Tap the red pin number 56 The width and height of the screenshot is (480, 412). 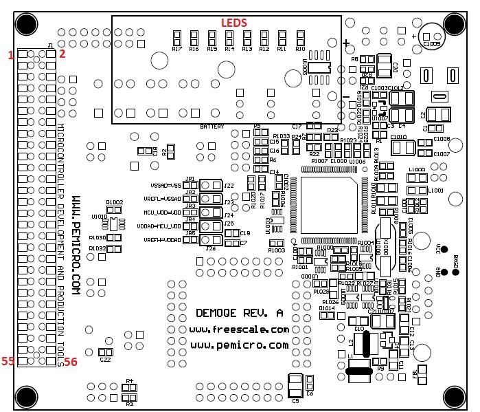(x=71, y=362)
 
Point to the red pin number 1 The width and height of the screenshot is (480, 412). (x=10, y=54)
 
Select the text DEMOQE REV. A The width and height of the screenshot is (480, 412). (x=239, y=313)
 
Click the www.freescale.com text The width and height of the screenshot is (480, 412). (x=239, y=329)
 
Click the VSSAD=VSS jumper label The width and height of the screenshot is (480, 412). (x=165, y=186)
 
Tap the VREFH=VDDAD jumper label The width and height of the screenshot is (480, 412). (x=163, y=240)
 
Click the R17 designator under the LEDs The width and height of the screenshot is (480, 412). (x=176, y=50)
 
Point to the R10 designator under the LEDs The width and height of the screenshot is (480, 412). (x=300, y=50)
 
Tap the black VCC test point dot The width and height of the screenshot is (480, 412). (x=444, y=249)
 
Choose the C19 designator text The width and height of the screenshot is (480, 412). (x=244, y=233)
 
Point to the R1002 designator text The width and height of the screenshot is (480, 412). (x=114, y=202)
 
